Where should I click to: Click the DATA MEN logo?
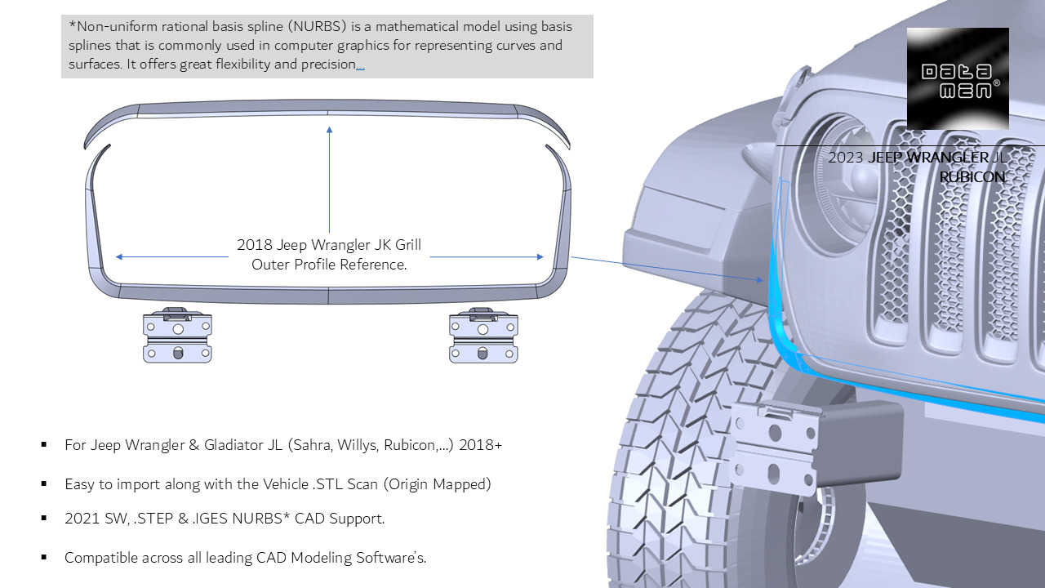pos(958,79)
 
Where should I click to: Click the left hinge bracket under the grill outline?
pos(177,336)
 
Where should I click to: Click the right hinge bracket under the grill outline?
pos(483,336)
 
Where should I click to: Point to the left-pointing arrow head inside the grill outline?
pos(120,256)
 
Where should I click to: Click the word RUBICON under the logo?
pos(972,176)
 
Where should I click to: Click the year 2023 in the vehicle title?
pos(845,158)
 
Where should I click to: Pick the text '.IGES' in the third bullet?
pos(215,519)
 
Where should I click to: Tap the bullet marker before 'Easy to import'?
pos(44,484)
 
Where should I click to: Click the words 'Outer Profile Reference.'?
pos(329,265)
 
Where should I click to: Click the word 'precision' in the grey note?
pos(324,65)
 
